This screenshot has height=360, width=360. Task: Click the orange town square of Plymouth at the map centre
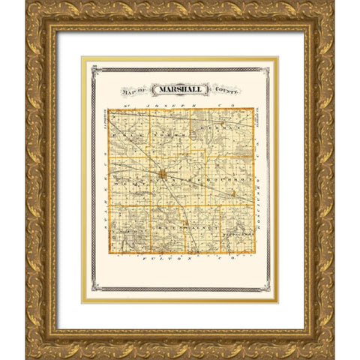[x=162, y=175]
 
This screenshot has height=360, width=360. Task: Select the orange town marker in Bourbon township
[x=233, y=193]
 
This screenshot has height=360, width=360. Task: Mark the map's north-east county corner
[x=253, y=110]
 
